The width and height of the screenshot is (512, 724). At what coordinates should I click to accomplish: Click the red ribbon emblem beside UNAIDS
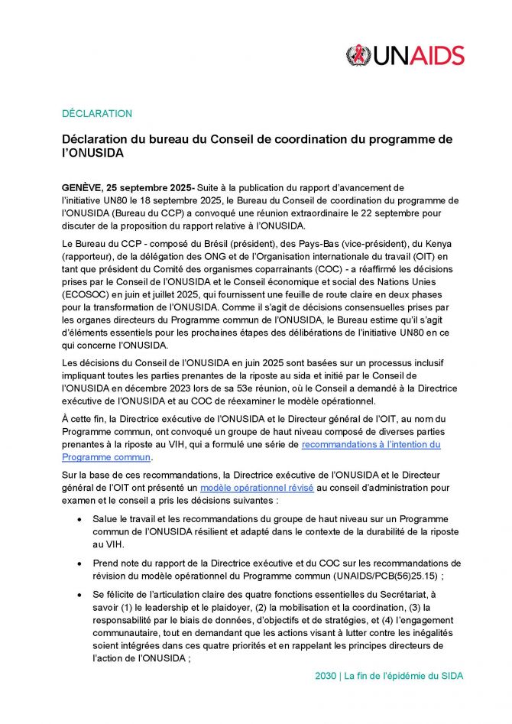pos(357,55)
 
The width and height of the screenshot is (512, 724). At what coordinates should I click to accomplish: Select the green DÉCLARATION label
pos(97,113)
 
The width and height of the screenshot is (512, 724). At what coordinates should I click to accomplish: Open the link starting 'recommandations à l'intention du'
pos(371,444)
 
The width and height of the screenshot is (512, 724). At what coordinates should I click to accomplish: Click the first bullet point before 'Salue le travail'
pos(80,519)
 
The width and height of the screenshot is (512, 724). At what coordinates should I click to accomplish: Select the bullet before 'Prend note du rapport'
pos(80,563)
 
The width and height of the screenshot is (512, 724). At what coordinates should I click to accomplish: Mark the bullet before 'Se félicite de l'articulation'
pos(80,594)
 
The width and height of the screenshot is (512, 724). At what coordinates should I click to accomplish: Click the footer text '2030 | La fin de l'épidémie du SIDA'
pos(389,676)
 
